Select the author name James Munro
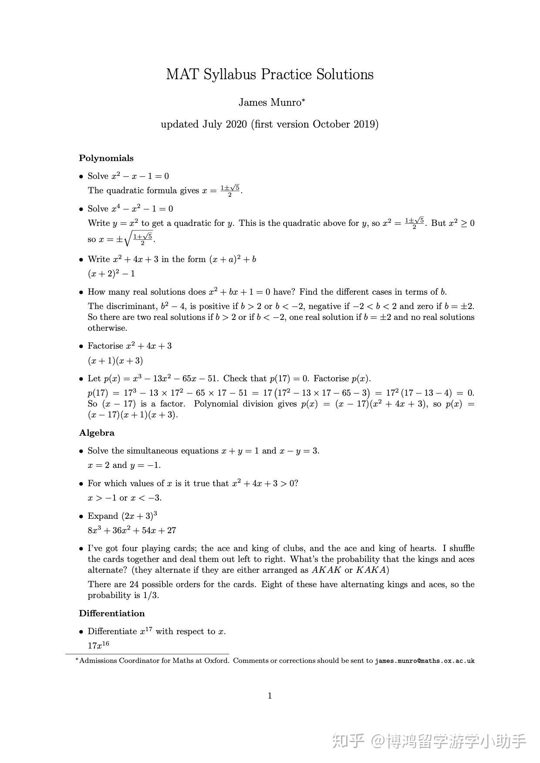click(x=270, y=103)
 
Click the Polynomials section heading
click(x=106, y=158)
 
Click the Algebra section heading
click(x=97, y=433)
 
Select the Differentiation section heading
click(x=111, y=614)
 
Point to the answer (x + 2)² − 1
click(x=111, y=274)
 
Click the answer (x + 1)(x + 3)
click(x=115, y=361)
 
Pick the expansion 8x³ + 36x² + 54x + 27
click(x=132, y=531)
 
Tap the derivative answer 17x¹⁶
click(x=98, y=645)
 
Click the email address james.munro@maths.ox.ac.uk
click(x=425, y=661)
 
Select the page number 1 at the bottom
click(x=270, y=696)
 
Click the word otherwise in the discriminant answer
click(x=108, y=328)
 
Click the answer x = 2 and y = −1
click(x=124, y=465)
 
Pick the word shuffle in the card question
click(x=462, y=548)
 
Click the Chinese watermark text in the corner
click(x=429, y=740)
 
